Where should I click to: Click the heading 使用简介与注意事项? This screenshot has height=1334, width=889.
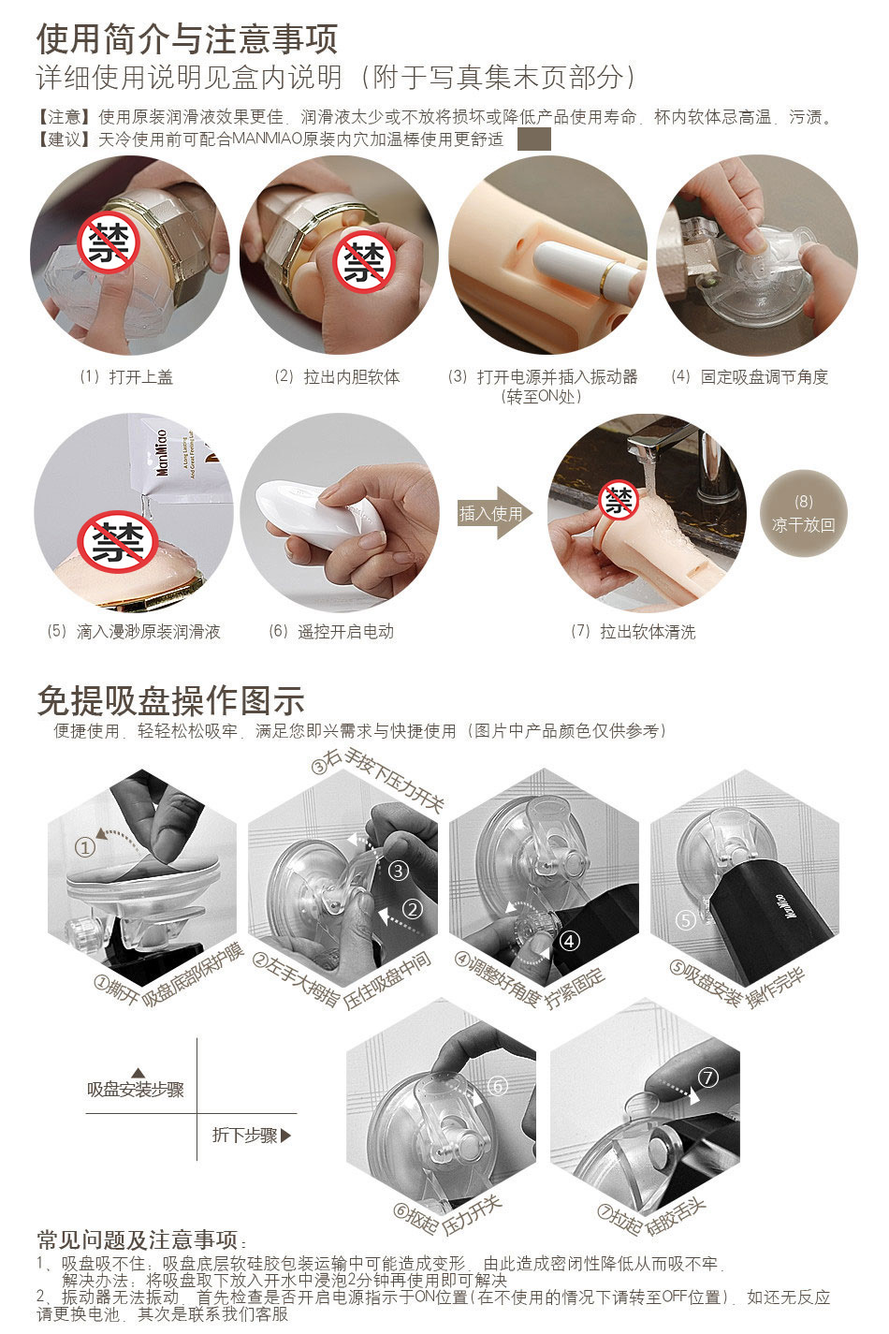click(187, 39)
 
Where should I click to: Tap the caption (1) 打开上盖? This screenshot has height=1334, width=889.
click(126, 377)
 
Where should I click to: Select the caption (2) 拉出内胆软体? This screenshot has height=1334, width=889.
click(338, 377)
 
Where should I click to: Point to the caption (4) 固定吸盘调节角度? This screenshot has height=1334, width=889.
click(750, 377)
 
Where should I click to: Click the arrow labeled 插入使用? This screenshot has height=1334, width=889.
click(493, 513)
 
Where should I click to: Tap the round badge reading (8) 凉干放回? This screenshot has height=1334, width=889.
click(803, 513)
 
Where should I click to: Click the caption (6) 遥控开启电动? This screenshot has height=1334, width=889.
click(331, 631)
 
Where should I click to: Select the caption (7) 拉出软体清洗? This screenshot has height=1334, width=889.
click(633, 631)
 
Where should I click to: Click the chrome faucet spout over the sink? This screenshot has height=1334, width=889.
click(658, 441)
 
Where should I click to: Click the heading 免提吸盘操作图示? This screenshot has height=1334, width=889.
click(171, 700)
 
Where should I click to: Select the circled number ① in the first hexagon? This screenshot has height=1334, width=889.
click(85, 847)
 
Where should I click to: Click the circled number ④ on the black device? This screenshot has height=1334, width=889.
click(569, 941)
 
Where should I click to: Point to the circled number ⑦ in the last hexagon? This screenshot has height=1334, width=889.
click(708, 1077)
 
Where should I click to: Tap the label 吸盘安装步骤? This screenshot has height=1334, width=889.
click(136, 1090)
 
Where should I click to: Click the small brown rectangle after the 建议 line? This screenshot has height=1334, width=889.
click(534, 139)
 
